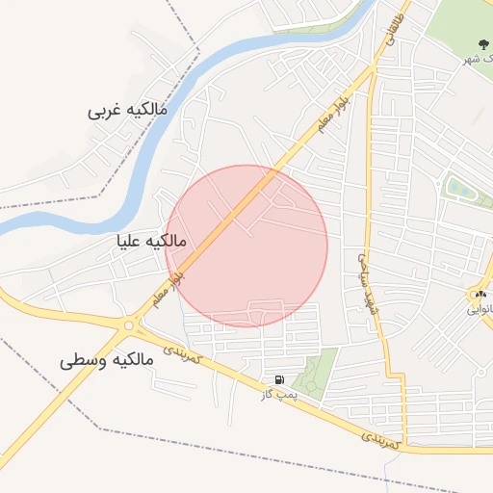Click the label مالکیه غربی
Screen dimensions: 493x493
pos(127,110)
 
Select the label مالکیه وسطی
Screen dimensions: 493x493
pos(106,361)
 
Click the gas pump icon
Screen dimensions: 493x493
pos(279,380)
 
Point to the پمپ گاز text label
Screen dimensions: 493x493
pos(279,394)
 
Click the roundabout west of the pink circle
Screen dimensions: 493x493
pos(129,325)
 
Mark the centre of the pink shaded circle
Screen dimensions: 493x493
pos(246,246)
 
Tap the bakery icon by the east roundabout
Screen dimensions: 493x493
pos(479,294)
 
